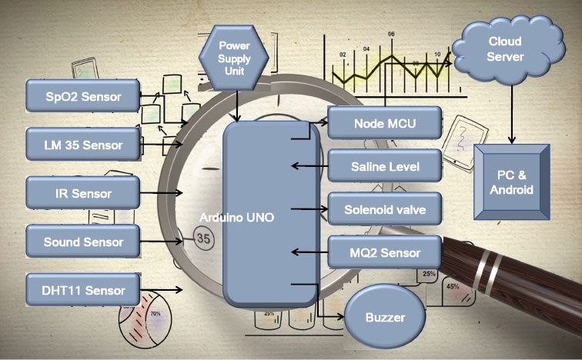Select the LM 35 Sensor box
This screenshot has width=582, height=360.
83,144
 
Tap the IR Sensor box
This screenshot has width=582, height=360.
83,193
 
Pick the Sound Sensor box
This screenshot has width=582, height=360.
83,242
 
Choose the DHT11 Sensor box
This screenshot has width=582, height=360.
83,290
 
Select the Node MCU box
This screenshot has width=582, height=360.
385,122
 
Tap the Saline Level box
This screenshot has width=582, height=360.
385,165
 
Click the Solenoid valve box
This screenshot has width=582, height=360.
385,208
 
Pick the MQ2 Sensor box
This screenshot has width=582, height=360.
385,252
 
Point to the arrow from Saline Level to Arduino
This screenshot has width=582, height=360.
308,165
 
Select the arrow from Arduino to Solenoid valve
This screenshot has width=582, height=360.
308,208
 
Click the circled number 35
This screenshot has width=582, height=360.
203,238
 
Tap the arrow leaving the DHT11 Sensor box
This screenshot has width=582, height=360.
162,290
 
